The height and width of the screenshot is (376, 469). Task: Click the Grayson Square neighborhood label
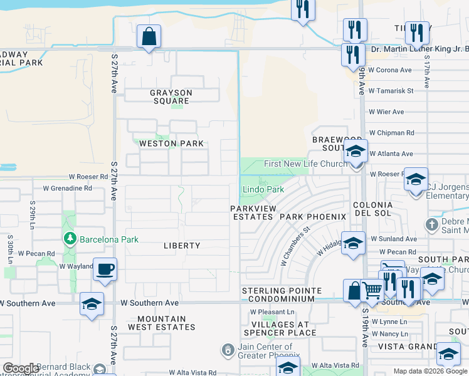click(171, 97)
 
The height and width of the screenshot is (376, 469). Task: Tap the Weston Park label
click(171, 144)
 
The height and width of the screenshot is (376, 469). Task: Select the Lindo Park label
click(263, 189)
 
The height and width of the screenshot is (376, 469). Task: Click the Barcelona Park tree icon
click(69, 239)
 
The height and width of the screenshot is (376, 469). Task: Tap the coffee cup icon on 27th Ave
click(105, 269)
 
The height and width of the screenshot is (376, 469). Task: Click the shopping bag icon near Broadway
click(149, 37)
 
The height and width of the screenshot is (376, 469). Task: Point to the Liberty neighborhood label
click(182, 246)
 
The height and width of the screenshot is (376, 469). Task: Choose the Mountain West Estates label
click(162, 323)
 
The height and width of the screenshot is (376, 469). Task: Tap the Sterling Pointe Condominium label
click(282, 295)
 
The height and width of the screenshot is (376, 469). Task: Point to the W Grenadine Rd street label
click(67, 187)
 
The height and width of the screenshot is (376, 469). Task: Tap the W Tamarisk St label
click(391, 91)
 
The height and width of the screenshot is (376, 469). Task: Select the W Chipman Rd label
click(392, 133)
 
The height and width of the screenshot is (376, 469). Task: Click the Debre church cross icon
click(432, 224)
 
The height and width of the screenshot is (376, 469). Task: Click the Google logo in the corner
click(21, 368)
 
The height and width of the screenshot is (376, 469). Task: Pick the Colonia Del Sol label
click(372, 209)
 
